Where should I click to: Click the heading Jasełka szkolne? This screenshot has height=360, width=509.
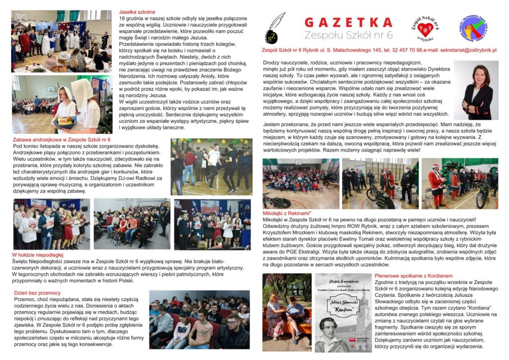(x=137, y=11)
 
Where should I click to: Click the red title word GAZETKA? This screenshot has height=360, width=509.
(x=348, y=22)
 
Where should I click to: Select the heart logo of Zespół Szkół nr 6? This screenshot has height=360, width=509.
(x=422, y=27)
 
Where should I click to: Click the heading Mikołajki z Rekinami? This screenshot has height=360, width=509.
(x=289, y=213)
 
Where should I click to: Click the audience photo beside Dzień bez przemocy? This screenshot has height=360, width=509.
(x=199, y=320)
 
